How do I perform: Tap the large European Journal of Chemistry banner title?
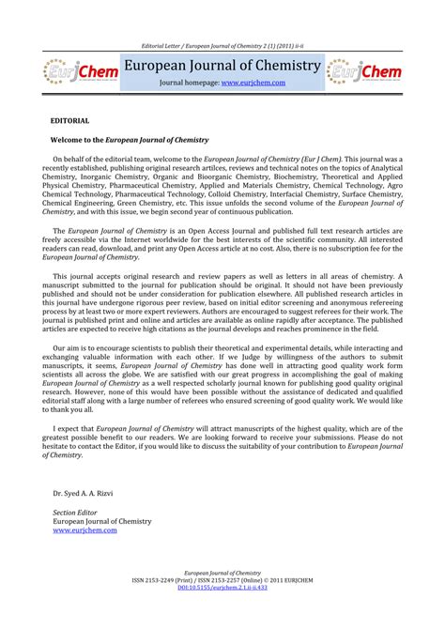tap(222, 65)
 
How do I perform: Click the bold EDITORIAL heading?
tap(70, 122)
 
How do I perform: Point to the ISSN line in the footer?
tap(222, 605)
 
